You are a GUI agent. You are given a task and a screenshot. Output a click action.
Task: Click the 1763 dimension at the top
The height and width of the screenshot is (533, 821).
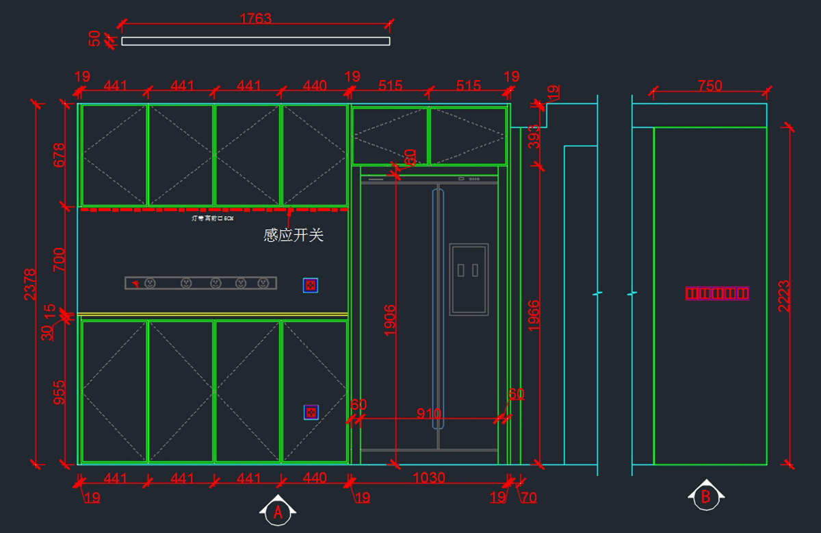tap(255, 18)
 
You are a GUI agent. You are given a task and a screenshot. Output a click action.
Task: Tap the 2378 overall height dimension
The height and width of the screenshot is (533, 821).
tap(30, 284)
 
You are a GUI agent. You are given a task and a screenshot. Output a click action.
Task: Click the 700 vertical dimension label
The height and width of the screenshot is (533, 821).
tap(60, 260)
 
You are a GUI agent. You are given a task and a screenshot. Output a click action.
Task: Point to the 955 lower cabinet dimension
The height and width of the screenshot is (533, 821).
tap(60, 393)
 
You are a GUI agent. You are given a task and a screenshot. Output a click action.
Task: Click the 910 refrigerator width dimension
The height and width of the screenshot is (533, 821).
tap(429, 414)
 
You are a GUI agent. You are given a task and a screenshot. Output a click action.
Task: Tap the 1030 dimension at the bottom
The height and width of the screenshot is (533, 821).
tap(429, 478)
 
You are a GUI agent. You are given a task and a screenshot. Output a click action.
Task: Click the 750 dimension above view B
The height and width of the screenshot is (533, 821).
tap(709, 86)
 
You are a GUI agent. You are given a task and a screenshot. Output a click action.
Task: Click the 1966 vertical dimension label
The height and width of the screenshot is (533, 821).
tap(534, 316)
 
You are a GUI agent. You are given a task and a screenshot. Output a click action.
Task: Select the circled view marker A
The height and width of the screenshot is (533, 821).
tap(278, 512)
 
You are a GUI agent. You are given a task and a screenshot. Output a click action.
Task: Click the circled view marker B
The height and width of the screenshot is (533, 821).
tap(706, 497)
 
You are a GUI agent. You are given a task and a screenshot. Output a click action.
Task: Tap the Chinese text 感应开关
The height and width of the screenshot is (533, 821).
tap(294, 236)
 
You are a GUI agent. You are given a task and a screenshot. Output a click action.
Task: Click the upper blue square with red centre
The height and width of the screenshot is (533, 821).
tap(311, 285)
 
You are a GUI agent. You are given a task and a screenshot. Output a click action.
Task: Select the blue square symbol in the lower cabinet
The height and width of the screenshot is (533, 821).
tap(311, 412)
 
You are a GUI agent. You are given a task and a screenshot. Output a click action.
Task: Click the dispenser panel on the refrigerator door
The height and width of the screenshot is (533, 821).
tap(469, 279)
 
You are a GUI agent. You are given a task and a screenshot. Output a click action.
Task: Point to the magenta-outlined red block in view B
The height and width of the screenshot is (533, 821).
tap(718, 293)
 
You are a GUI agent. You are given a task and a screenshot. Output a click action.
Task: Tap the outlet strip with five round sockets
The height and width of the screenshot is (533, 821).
tap(200, 283)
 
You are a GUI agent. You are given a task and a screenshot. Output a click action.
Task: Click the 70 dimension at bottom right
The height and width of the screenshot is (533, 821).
tap(529, 498)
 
